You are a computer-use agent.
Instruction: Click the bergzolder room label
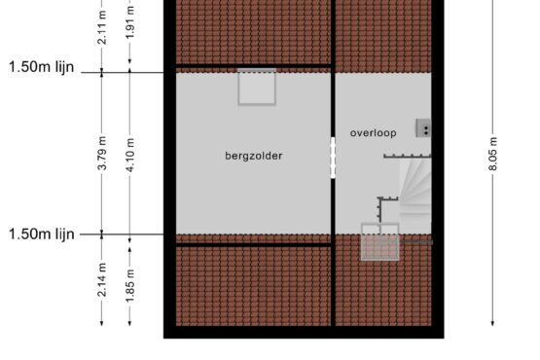click(x=254, y=156)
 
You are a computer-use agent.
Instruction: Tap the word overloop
click(x=374, y=133)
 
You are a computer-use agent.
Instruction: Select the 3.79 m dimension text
click(x=102, y=154)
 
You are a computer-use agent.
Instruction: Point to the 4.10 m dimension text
click(x=129, y=155)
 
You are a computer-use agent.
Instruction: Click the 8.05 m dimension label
click(x=492, y=154)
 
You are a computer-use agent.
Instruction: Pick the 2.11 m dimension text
click(x=102, y=27)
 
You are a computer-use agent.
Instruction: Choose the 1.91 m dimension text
click(x=129, y=22)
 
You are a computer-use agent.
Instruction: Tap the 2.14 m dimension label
click(x=102, y=279)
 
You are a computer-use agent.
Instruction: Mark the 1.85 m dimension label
click(x=129, y=286)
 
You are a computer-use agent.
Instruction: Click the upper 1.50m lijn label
click(x=41, y=67)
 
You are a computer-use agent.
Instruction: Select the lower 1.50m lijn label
click(x=41, y=234)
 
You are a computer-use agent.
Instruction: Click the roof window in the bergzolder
click(x=257, y=87)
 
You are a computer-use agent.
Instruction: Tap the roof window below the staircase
click(x=380, y=242)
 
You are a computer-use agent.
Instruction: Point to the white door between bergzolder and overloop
click(x=333, y=158)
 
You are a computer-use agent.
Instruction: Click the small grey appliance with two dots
click(x=423, y=128)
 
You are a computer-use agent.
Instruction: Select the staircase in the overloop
click(x=415, y=195)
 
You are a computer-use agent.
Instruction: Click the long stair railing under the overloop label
click(x=408, y=157)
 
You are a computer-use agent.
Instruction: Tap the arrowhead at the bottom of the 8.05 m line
click(x=492, y=323)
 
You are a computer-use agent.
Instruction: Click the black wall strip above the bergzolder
click(x=254, y=66)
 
